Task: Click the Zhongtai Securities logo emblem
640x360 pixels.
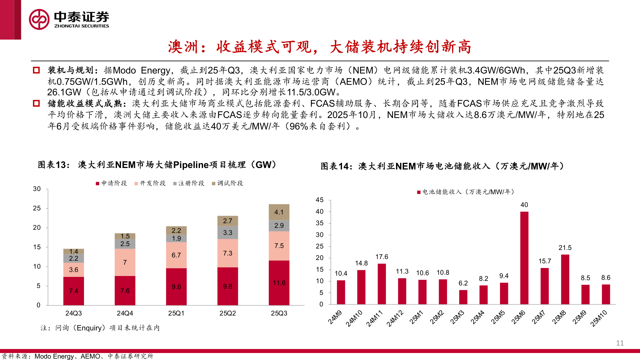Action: point(39,19)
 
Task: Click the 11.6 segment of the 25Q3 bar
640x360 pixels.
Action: point(279,283)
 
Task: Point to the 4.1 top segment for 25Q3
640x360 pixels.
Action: point(279,212)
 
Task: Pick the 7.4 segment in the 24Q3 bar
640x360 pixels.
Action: point(74,291)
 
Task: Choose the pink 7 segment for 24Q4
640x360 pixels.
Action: point(125,262)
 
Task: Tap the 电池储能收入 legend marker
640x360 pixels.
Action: point(419,192)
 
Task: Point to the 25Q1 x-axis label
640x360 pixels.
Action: point(176,313)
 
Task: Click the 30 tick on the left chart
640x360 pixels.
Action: point(37,189)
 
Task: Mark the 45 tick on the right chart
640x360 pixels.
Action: point(320,200)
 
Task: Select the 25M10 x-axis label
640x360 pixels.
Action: point(599,318)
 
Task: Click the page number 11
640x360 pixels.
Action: point(620,343)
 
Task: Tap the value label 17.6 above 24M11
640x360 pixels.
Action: point(382,257)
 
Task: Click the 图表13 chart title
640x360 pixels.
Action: point(157,165)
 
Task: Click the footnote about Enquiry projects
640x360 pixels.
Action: point(100,328)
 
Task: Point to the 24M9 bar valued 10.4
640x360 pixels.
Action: point(341,292)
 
